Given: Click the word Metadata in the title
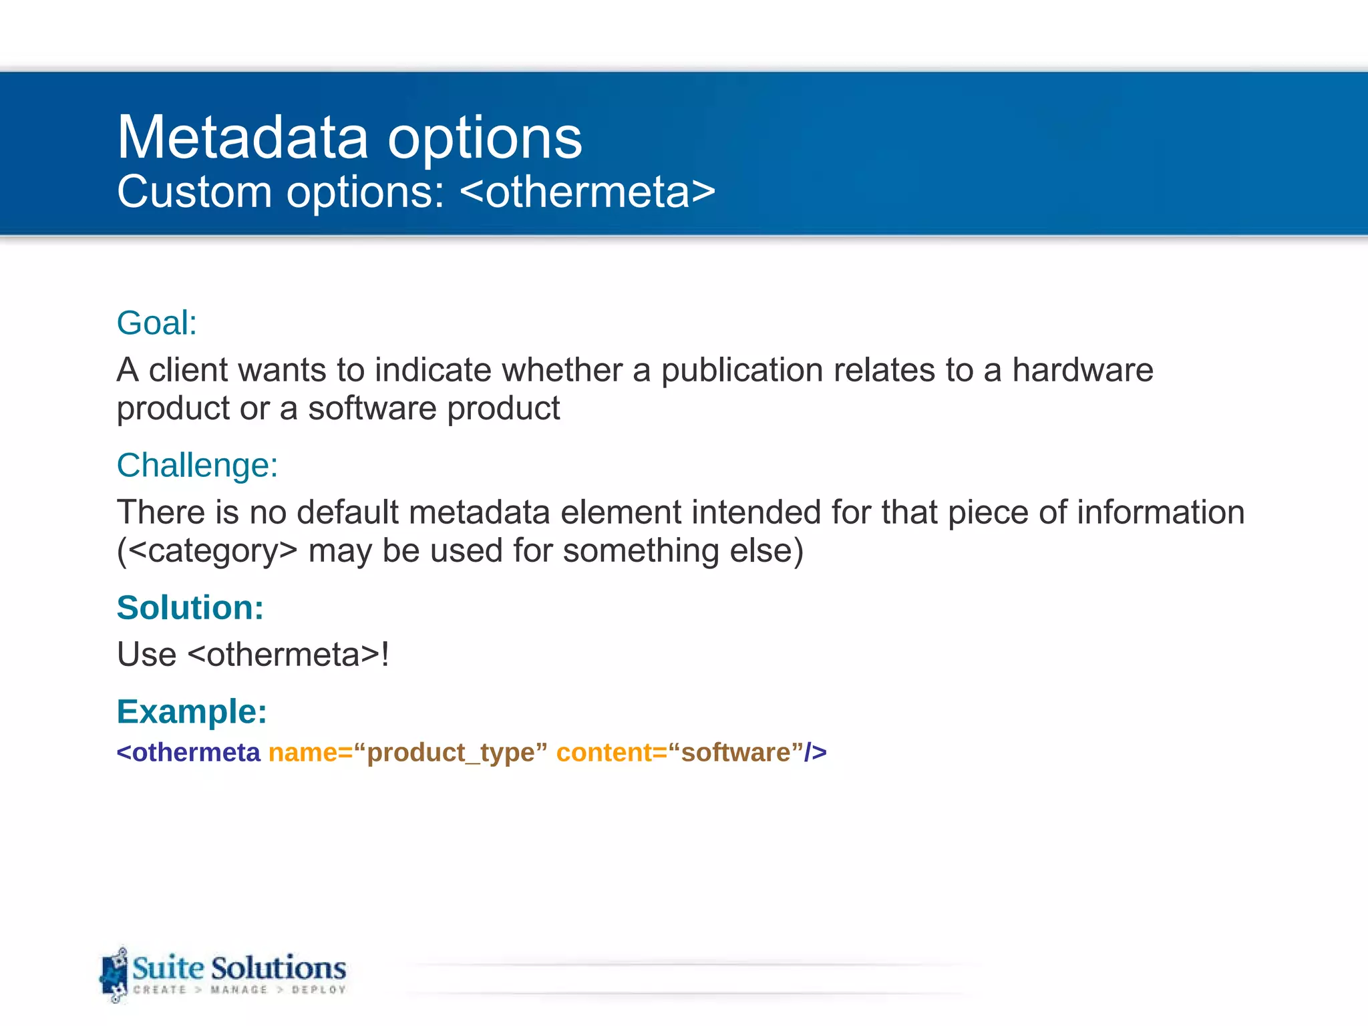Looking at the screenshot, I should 242,138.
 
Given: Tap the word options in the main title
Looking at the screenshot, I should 484,139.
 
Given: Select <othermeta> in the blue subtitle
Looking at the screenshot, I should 588,192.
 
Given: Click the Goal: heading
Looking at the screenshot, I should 157,323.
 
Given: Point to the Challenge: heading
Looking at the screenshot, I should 197,466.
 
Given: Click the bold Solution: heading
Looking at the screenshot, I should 190,608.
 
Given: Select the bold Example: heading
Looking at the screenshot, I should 192,711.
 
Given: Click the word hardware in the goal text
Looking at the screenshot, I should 1082,370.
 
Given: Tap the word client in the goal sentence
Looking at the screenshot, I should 188,370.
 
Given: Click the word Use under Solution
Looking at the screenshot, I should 146,655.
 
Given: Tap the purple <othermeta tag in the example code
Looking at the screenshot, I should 188,753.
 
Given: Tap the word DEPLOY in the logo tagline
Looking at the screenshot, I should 319,990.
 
